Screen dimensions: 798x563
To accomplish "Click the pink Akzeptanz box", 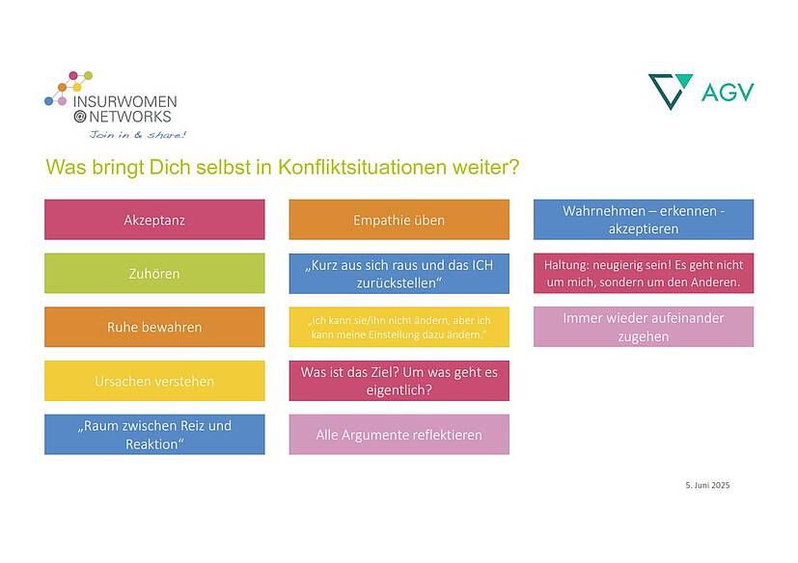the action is coord(154,219).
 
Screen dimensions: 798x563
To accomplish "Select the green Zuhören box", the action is coord(154,273).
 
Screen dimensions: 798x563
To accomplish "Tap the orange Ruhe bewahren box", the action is coord(154,327).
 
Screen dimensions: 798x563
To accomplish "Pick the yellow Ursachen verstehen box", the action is coord(154,381).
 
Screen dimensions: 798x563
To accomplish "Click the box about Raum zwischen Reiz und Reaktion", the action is coord(154,435).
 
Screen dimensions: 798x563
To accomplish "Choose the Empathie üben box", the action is coord(399,219).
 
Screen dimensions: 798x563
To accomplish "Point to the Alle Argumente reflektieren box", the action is coord(399,435).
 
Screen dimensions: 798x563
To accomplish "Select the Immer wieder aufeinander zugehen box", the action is coord(644,327).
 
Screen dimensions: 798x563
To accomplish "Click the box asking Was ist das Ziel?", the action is coord(399,381).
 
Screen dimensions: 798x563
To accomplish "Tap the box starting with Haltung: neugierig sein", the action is coord(644,273).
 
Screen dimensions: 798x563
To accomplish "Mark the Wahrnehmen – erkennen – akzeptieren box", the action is coord(644,219).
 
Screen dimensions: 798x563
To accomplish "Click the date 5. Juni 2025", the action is coord(707,485).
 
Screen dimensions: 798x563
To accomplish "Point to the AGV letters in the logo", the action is coord(728,92).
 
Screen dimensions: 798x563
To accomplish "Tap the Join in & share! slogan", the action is coord(137,135).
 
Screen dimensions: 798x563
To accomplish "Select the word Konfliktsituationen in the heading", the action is coord(362,167).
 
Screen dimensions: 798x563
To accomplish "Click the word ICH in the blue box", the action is coord(482,265).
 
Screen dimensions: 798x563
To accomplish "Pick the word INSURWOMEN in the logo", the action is coord(125,101).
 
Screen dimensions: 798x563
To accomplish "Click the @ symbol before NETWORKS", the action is coord(80,117).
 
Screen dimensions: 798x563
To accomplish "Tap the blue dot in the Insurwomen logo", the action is coord(49,101).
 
